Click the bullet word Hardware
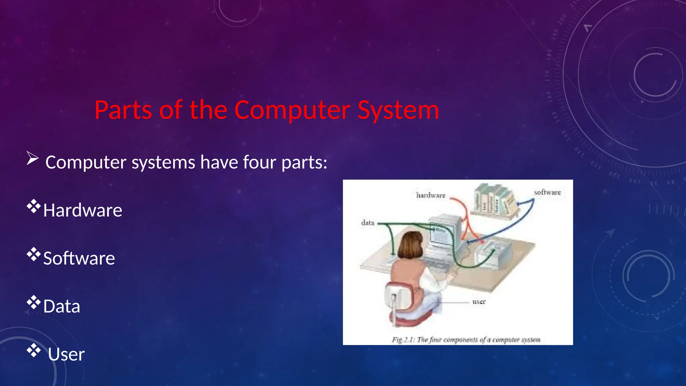tap(83, 210)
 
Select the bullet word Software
tap(79, 258)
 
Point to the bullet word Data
tap(62, 306)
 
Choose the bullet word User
tap(66, 355)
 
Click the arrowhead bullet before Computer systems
tap(32, 158)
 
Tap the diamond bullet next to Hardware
tap(33, 206)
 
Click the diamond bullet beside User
tap(33, 350)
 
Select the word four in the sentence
tap(260, 162)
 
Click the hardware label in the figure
tap(431, 195)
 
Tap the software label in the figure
tap(547, 192)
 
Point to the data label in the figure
tap(367, 223)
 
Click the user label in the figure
tap(479, 302)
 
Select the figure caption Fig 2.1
tap(466, 340)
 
